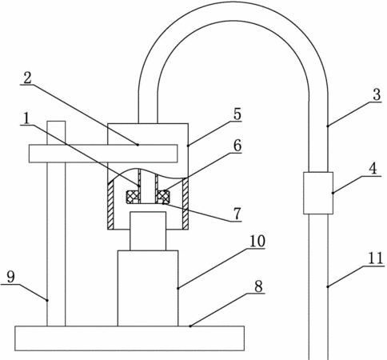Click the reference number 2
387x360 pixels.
27,78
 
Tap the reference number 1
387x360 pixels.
26,118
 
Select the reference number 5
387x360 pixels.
237,114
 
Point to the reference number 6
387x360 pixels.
237,146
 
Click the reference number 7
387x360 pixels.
237,214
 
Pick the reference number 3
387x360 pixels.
377,94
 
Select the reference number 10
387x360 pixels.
257,241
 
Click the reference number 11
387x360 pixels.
376,258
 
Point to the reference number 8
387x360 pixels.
258,286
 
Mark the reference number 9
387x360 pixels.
10,278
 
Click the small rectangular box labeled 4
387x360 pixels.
318,193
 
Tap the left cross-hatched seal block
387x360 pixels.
133,197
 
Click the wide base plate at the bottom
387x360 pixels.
130,338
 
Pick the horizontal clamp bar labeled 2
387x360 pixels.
103,154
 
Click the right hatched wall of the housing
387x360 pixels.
186,203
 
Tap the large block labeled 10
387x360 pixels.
148,288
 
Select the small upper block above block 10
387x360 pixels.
148,231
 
